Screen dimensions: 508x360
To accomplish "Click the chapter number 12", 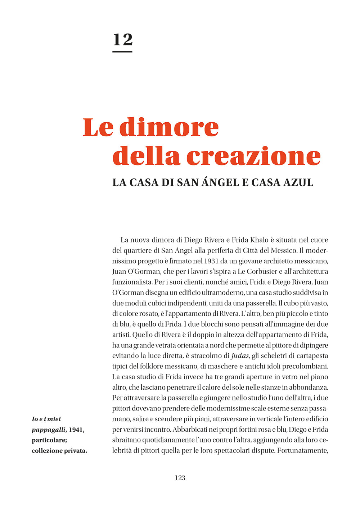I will pos(122,40).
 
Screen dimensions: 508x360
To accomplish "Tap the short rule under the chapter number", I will pos(122,52).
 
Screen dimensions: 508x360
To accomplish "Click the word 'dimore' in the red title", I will pos(169,127).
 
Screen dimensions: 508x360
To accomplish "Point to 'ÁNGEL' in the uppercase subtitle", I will pos(220,182).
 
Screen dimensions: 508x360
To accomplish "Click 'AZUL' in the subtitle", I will pos(298,182).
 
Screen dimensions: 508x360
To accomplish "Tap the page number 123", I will pos(180,478).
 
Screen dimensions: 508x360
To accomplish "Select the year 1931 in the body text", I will pos(212,261).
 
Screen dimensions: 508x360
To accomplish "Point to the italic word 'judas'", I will pos(240,356).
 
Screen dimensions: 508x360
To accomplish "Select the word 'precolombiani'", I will pos(305,366).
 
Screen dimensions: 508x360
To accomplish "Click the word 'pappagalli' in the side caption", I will pos(48,430).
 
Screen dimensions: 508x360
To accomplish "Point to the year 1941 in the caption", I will pos(76,430).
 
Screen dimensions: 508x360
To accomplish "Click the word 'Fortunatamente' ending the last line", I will pos(302,451).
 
